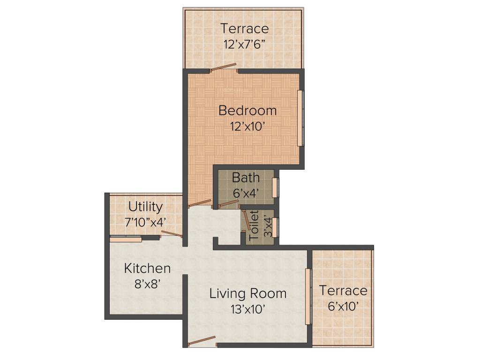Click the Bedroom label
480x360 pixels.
click(x=247, y=111)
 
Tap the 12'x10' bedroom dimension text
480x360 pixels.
click(x=247, y=126)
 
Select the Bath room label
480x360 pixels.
click(x=246, y=178)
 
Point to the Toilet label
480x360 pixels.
click(x=254, y=225)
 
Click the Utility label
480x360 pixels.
click(x=146, y=207)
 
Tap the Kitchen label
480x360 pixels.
click(x=147, y=269)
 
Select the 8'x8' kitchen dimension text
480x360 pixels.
click(x=147, y=284)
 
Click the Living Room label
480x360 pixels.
click(x=247, y=294)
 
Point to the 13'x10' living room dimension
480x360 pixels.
click(x=247, y=309)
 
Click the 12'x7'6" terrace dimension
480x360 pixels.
click(x=245, y=44)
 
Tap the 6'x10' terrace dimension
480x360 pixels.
click(x=343, y=306)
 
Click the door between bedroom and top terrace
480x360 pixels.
click(x=223, y=67)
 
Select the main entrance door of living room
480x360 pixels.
click(x=202, y=341)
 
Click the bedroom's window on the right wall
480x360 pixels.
click(x=300, y=118)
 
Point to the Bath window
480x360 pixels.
click(x=275, y=187)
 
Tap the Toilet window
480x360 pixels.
click(x=275, y=227)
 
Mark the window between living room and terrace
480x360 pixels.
click(x=308, y=296)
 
